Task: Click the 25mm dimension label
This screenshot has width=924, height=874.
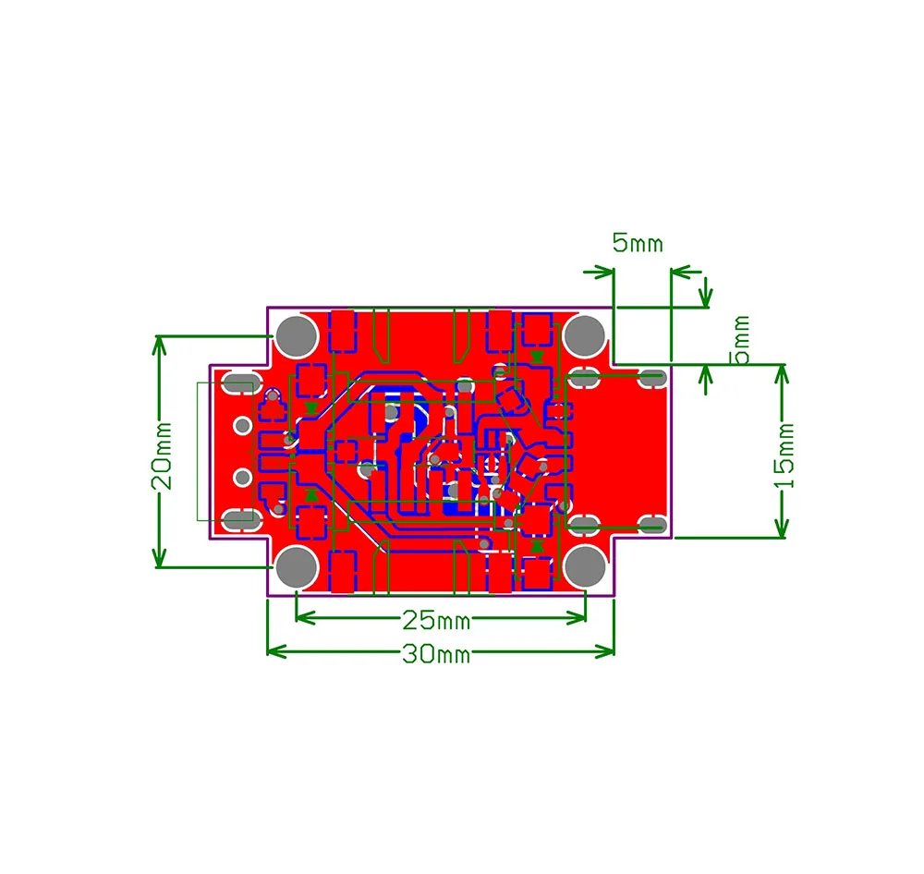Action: (x=436, y=620)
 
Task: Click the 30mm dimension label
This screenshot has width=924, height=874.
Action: (x=436, y=653)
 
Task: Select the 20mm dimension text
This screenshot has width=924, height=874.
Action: (x=162, y=456)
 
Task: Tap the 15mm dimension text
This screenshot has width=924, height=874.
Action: (x=784, y=456)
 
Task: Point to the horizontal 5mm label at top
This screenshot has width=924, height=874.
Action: (x=638, y=243)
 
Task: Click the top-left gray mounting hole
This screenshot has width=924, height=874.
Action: (x=297, y=336)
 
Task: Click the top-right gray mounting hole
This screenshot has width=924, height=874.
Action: (x=585, y=336)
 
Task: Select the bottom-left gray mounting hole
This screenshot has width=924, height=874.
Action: (x=297, y=566)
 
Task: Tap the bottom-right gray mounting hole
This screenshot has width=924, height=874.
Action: (x=585, y=566)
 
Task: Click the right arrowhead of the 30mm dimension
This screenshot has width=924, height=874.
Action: (x=605, y=651)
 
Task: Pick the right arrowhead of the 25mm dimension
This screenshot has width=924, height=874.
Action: (x=577, y=618)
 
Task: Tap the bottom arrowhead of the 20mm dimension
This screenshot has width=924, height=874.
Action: (x=159, y=557)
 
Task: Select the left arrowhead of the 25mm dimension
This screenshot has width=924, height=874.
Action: (x=305, y=618)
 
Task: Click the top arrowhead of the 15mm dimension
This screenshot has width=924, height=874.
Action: (x=782, y=374)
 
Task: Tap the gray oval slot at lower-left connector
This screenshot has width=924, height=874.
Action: (x=240, y=519)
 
